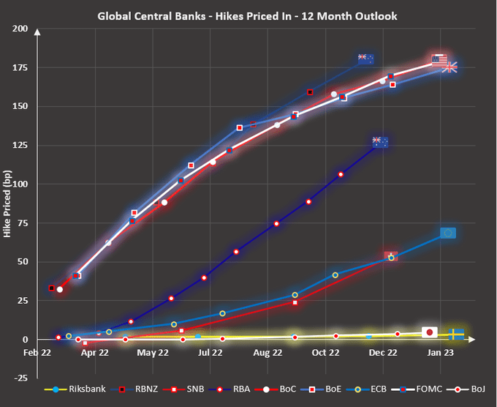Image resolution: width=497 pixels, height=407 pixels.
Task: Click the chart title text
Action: (248, 15)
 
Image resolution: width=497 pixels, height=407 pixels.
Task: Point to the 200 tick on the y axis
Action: (20, 29)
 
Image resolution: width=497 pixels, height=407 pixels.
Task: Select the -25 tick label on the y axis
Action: (20, 377)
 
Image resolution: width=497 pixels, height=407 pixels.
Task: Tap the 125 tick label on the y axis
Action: (20, 145)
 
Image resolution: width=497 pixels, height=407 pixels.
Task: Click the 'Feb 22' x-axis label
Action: (37, 352)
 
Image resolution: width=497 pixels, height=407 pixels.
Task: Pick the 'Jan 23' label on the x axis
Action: (440, 352)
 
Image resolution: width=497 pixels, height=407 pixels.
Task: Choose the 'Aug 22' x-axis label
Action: (268, 352)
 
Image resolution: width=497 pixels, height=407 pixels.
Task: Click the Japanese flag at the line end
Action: (430, 332)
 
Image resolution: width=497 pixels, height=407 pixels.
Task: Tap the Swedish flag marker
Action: (456, 334)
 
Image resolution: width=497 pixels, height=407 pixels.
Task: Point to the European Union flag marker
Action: (448, 233)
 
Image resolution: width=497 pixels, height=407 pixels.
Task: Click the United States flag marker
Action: (439, 60)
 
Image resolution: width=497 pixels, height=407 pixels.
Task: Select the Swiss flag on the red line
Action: (391, 256)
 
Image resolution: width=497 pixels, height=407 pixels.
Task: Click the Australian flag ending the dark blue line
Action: (380, 141)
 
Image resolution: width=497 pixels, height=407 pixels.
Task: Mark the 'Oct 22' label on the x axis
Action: (325, 352)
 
